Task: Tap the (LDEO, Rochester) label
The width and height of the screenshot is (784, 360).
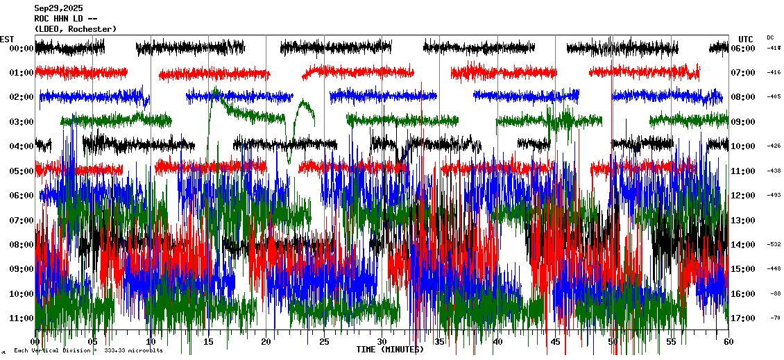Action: tap(75, 29)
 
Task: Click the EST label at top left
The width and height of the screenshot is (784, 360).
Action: tap(7, 39)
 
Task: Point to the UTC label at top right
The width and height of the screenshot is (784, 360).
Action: tap(745, 39)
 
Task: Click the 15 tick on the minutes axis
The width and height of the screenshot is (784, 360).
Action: tap(208, 342)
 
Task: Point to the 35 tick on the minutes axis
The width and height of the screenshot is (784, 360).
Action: tap(439, 342)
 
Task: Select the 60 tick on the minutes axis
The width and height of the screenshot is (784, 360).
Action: tap(728, 342)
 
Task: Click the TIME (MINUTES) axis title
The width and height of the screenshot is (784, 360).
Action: tap(390, 350)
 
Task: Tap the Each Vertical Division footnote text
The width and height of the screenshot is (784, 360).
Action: tap(88, 350)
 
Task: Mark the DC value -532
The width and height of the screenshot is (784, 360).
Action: tap(774, 245)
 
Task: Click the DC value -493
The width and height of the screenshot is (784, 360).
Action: tap(774, 196)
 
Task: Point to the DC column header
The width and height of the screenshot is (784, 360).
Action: tap(770, 37)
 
